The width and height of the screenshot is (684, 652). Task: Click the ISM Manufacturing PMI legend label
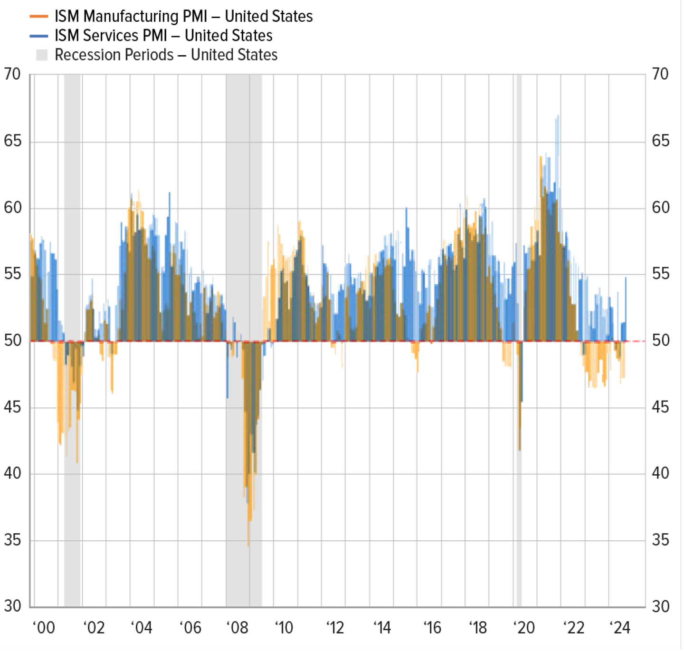pos(183,16)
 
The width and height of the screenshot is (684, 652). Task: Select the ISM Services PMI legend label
pos(163,36)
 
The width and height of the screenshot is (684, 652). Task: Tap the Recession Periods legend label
pos(166,55)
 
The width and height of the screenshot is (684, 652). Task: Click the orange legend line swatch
pos(39,16)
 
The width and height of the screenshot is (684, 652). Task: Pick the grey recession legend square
pos(42,55)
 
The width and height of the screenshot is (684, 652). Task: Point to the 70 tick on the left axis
pos(12,74)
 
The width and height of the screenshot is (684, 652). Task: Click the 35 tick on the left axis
pos(12,540)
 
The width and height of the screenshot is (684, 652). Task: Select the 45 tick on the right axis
pos(660,407)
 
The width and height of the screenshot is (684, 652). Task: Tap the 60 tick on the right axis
pos(660,208)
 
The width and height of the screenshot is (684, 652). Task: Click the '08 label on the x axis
pos(237,628)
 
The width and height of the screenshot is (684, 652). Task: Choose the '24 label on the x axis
pos(620,628)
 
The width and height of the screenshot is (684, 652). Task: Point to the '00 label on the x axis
pos(44,628)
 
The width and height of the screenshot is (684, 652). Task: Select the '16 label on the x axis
pos(432,628)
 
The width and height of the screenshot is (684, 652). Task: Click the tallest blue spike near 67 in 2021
pos(558,117)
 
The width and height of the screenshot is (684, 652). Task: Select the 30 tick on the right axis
pos(660,606)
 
